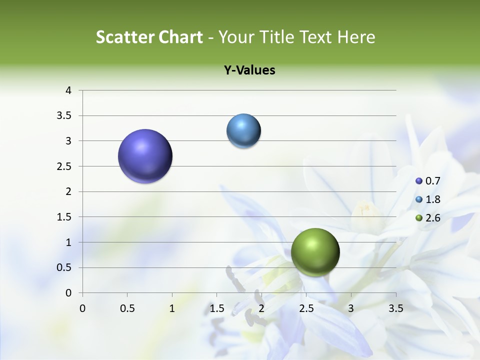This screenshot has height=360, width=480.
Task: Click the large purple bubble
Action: pos(145,156)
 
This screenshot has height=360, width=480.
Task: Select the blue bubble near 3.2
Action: pos(243,131)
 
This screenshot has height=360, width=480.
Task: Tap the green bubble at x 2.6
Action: pos(315,252)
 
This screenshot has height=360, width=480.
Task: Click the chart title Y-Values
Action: pos(249,70)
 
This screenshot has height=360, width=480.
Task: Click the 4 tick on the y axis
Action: pos(68,90)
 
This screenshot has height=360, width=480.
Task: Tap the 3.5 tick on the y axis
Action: pos(64,116)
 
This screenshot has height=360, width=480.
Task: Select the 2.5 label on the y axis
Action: pos(64,166)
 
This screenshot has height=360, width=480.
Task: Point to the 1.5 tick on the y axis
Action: pos(64,217)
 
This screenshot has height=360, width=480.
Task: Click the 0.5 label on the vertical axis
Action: pos(64,267)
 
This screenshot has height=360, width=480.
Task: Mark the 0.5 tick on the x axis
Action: pos(127,308)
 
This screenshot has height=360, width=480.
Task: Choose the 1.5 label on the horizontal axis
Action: pos(216,308)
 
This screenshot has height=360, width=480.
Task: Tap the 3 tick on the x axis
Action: pos(351,308)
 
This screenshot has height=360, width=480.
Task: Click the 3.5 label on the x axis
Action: pos(395,308)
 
